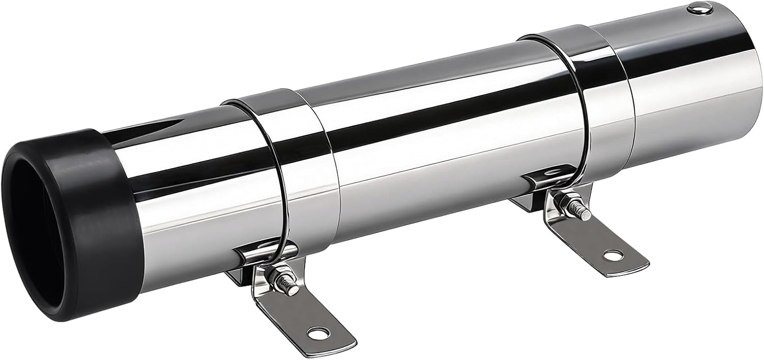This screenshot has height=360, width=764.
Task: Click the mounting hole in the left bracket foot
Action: pyautogui.click(x=320, y=335)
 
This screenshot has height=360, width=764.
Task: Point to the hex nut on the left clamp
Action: pyautogui.click(x=279, y=279)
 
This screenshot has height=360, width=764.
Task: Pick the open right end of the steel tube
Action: pyautogui.click(x=733, y=76)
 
